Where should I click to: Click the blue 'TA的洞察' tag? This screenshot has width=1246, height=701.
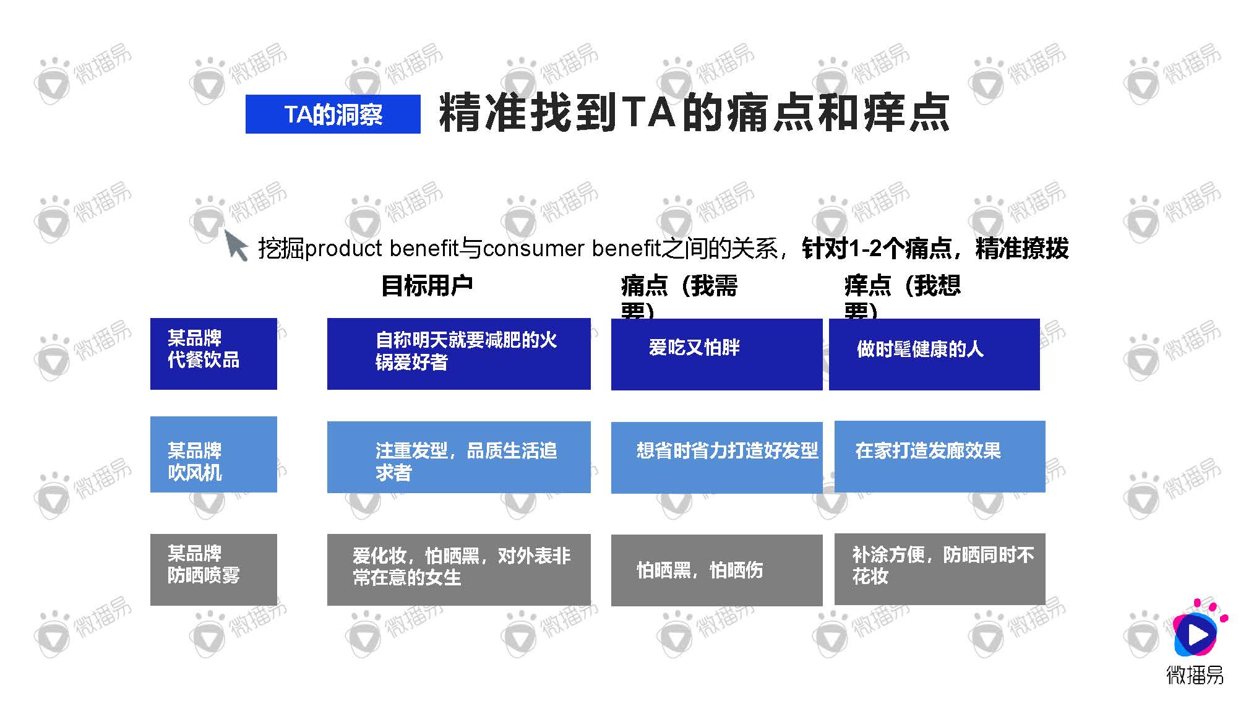coord(333,114)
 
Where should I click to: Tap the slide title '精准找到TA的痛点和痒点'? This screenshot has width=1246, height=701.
coord(694,113)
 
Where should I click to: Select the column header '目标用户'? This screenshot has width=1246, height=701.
coord(427,286)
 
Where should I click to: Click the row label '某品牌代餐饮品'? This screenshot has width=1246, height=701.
coord(213,353)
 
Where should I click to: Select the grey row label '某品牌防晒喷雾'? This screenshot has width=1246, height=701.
coord(213,569)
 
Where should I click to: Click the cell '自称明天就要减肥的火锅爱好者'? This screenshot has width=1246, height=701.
coord(458,353)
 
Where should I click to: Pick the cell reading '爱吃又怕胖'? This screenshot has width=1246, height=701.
coord(716,354)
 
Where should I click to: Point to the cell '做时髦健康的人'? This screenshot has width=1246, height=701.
coord(934,354)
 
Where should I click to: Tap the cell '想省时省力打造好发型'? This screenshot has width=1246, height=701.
coord(716,457)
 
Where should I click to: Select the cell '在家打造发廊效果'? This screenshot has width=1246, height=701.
coord(940,457)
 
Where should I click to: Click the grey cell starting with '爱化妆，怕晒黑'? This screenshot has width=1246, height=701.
coord(458,569)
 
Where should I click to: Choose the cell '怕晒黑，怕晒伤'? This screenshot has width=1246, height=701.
coord(716,570)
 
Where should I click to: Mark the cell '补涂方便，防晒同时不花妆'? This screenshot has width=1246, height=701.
coord(940,569)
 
